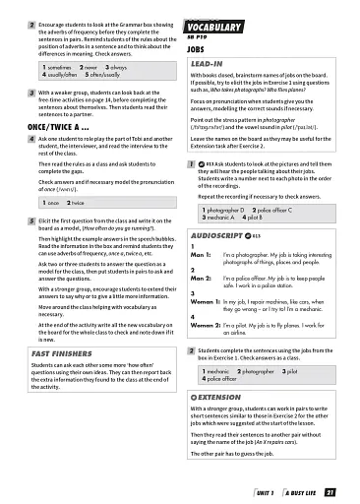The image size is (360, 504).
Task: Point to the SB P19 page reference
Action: pyautogui.click(x=195, y=36)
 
